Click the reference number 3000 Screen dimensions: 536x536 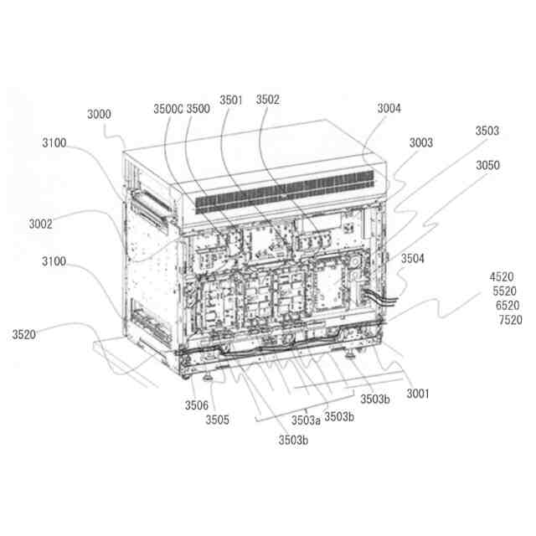click(99, 114)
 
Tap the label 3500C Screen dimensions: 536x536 click(168, 109)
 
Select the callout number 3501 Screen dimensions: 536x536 click(231, 100)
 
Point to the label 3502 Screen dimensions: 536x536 click(268, 100)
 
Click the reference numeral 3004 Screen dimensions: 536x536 click(389, 108)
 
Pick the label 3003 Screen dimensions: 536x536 click(421, 142)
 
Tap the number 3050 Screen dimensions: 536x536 click(487, 166)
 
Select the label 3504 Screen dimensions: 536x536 click(413, 259)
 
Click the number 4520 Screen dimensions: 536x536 click(502, 276)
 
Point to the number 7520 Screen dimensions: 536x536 click(510, 320)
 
